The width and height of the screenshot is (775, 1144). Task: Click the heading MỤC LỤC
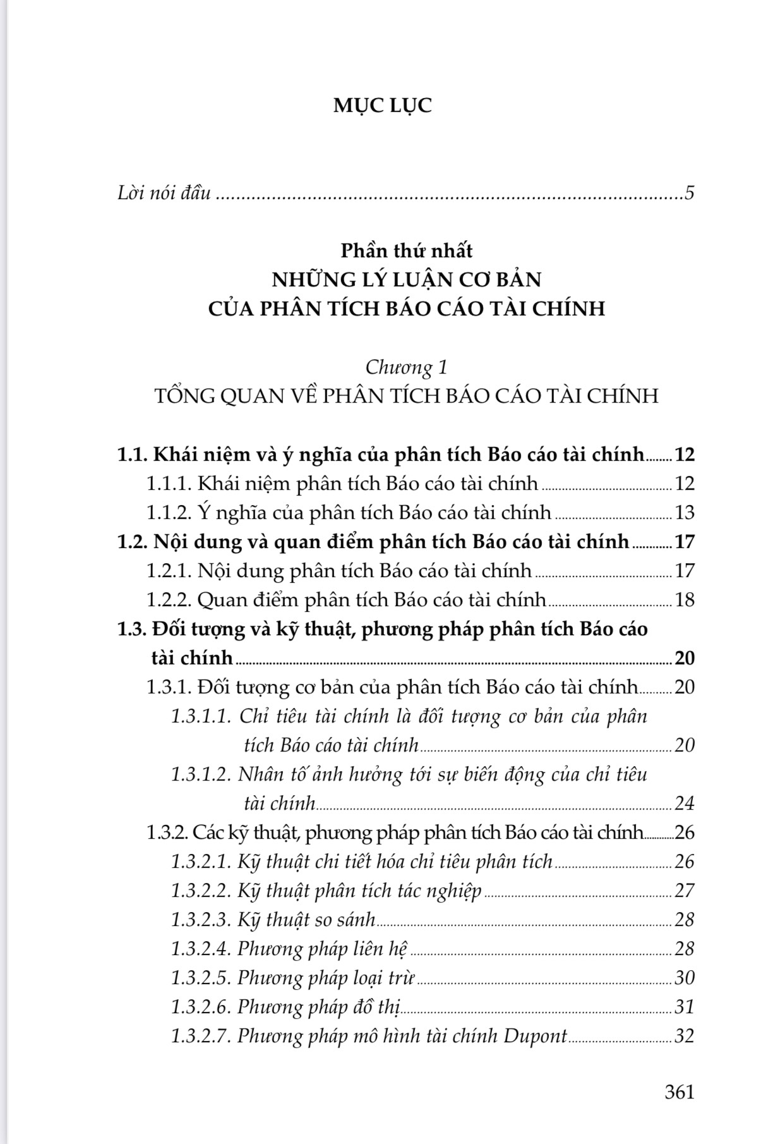[383, 105]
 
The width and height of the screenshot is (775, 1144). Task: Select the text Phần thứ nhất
[406, 251]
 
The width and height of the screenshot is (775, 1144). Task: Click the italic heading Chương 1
[406, 367]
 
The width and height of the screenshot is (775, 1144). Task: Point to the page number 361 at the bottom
[679, 1092]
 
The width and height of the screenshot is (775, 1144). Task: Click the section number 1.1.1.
[169, 484]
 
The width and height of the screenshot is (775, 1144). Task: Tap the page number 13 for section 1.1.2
[684, 513]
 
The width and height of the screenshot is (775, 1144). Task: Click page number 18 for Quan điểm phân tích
[684, 600]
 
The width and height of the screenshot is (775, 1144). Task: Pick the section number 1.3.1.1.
[201, 717]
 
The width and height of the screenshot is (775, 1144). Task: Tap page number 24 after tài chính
[684, 804]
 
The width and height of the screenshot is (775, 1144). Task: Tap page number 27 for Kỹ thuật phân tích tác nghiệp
[684, 891]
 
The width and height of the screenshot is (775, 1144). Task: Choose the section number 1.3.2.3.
[201, 920]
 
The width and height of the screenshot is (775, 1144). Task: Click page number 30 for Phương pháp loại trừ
[684, 978]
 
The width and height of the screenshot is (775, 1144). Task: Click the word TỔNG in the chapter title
[181, 396]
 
